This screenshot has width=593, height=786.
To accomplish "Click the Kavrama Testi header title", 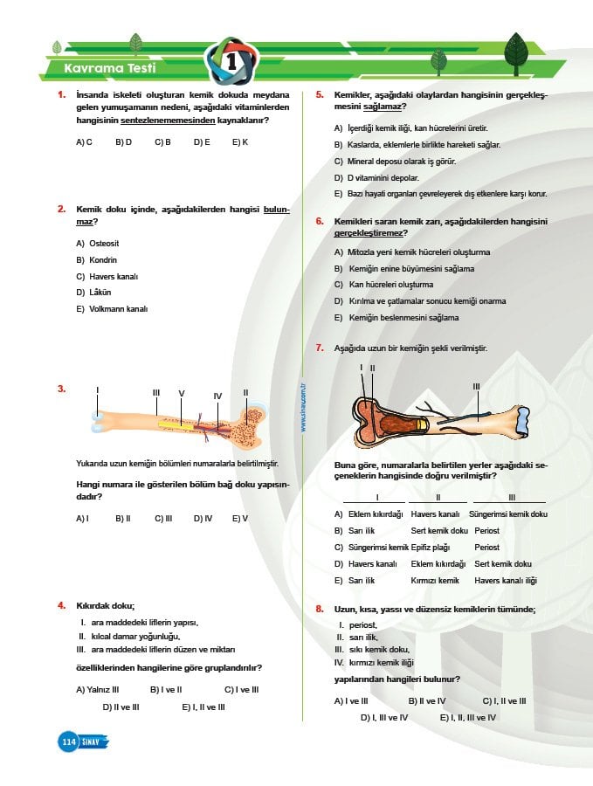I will pos(106,68).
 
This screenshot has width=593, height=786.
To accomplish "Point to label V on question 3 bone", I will pos(182,393).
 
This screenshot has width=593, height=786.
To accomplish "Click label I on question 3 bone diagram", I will pos(98,390).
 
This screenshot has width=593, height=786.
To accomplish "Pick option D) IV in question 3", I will pos(203,518).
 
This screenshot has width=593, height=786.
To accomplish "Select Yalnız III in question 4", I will pos(97,689).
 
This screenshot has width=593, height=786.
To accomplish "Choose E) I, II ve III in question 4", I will pos(203,707).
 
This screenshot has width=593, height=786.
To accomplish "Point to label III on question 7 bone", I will pos(476,385).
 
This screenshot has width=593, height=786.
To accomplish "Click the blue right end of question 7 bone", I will pos(521,421).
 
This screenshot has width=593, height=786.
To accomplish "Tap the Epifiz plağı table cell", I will pos(429,547).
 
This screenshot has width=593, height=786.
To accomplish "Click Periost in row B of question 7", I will pos(486,530).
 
